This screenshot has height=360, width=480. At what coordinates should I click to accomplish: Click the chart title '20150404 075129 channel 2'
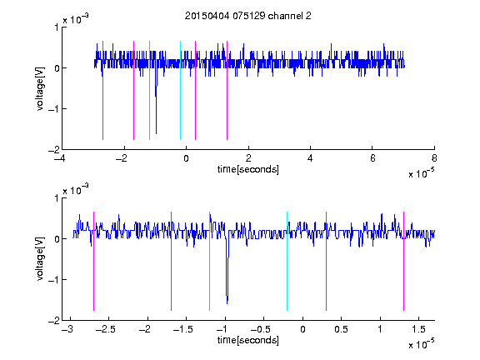248,16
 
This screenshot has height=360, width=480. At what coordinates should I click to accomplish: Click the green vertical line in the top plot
149,90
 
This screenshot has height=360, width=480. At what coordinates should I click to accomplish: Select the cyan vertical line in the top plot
180,90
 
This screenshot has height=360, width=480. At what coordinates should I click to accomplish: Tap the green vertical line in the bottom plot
209,261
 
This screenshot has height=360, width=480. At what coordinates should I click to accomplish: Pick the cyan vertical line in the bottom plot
287,261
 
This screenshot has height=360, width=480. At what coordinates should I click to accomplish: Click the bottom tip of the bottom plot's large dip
227,303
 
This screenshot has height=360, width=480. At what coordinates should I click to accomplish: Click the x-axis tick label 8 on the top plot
434,158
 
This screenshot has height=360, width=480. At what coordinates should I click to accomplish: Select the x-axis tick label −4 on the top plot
59,158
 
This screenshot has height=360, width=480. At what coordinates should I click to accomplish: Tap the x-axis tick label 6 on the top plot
372,158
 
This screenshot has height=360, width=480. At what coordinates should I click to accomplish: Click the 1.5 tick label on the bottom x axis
418,329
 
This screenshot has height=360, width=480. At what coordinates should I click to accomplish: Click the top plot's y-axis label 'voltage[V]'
40,89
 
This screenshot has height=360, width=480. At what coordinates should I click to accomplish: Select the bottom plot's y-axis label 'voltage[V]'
40,259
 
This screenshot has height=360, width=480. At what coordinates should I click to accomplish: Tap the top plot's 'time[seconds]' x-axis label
248,169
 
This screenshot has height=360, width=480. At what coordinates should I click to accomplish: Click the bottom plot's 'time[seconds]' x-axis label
248,340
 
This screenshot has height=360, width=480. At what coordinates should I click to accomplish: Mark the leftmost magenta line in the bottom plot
93,261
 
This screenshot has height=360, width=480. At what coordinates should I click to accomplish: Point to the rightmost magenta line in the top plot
227,90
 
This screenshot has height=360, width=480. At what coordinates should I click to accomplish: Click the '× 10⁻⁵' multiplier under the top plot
422,173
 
